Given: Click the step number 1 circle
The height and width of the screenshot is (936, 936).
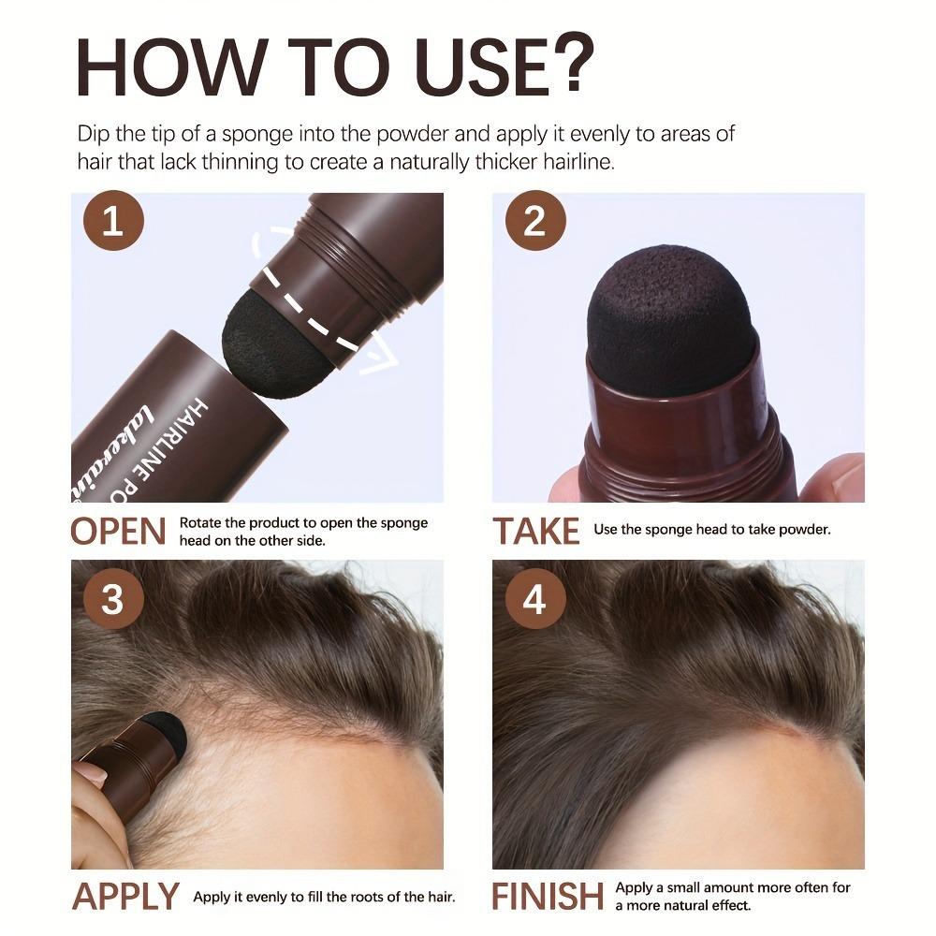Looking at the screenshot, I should (x=112, y=225).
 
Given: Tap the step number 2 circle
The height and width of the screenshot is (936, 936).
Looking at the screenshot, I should (x=534, y=225).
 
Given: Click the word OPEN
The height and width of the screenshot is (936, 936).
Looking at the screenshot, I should (x=118, y=531).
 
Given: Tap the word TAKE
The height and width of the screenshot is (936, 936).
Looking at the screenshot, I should (x=536, y=531).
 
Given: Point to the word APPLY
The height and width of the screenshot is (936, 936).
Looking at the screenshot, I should (x=126, y=896).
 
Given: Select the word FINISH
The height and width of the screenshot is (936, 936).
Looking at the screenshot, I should (x=548, y=896).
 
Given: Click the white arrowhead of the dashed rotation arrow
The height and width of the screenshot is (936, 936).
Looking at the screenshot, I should (x=378, y=360).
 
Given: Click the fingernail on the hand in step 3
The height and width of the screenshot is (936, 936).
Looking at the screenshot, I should (x=90, y=773).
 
